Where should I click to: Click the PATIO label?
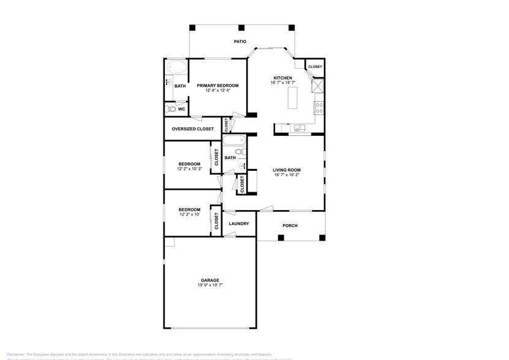pyautogui.click(x=240, y=42)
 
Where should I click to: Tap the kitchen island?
pyautogui.click(x=292, y=97)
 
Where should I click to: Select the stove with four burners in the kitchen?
pyautogui.click(x=319, y=108)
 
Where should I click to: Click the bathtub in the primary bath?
pyautogui.click(x=176, y=67)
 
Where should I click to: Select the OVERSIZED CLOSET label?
pyautogui.click(x=193, y=129)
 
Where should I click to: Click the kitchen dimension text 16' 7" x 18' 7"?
pyautogui.click(x=283, y=83)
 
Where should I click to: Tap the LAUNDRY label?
pyautogui.click(x=239, y=223)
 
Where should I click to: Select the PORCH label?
pyautogui.click(x=290, y=225)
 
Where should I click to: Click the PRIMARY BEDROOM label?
pyautogui.click(x=217, y=86)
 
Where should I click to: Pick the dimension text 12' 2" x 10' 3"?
pyautogui.click(x=189, y=169)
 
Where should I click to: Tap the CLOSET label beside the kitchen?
pyautogui.click(x=315, y=67)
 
